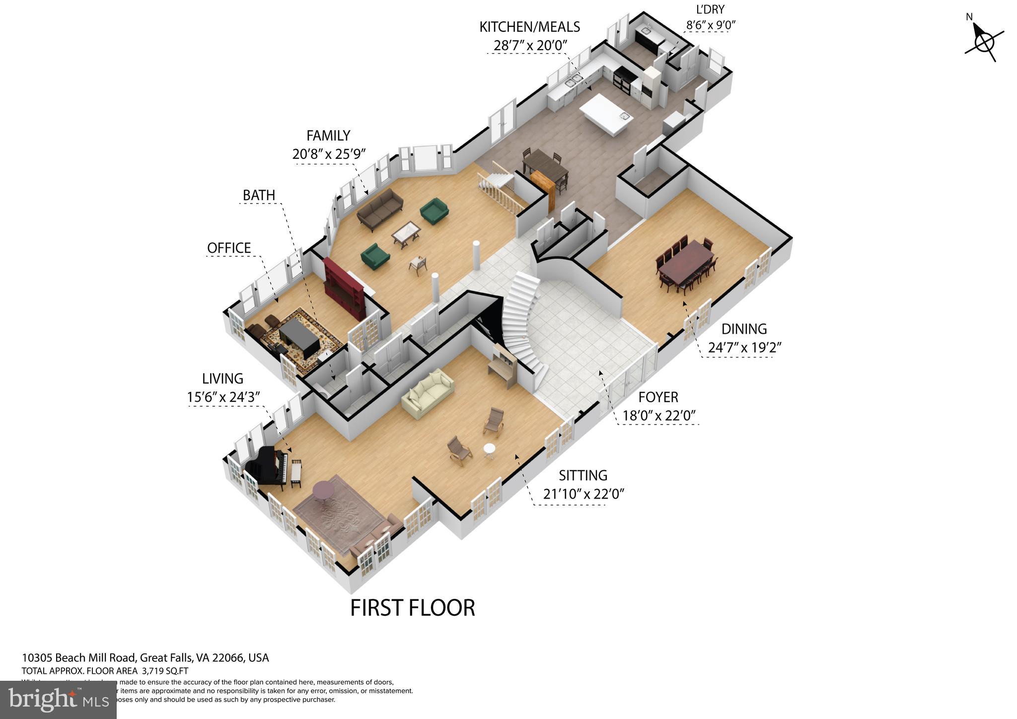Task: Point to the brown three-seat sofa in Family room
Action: click(380, 209)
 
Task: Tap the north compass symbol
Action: click(983, 42)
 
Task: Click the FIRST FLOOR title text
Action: click(412, 608)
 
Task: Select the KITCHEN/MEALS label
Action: click(529, 27)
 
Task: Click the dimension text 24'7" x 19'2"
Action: click(744, 348)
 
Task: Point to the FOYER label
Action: click(658, 397)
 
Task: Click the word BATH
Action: click(259, 195)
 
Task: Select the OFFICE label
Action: click(229, 248)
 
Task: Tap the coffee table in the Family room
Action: click(406, 232)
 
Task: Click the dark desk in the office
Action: click(298, 335)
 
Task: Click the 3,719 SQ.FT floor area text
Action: click(165, 671)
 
